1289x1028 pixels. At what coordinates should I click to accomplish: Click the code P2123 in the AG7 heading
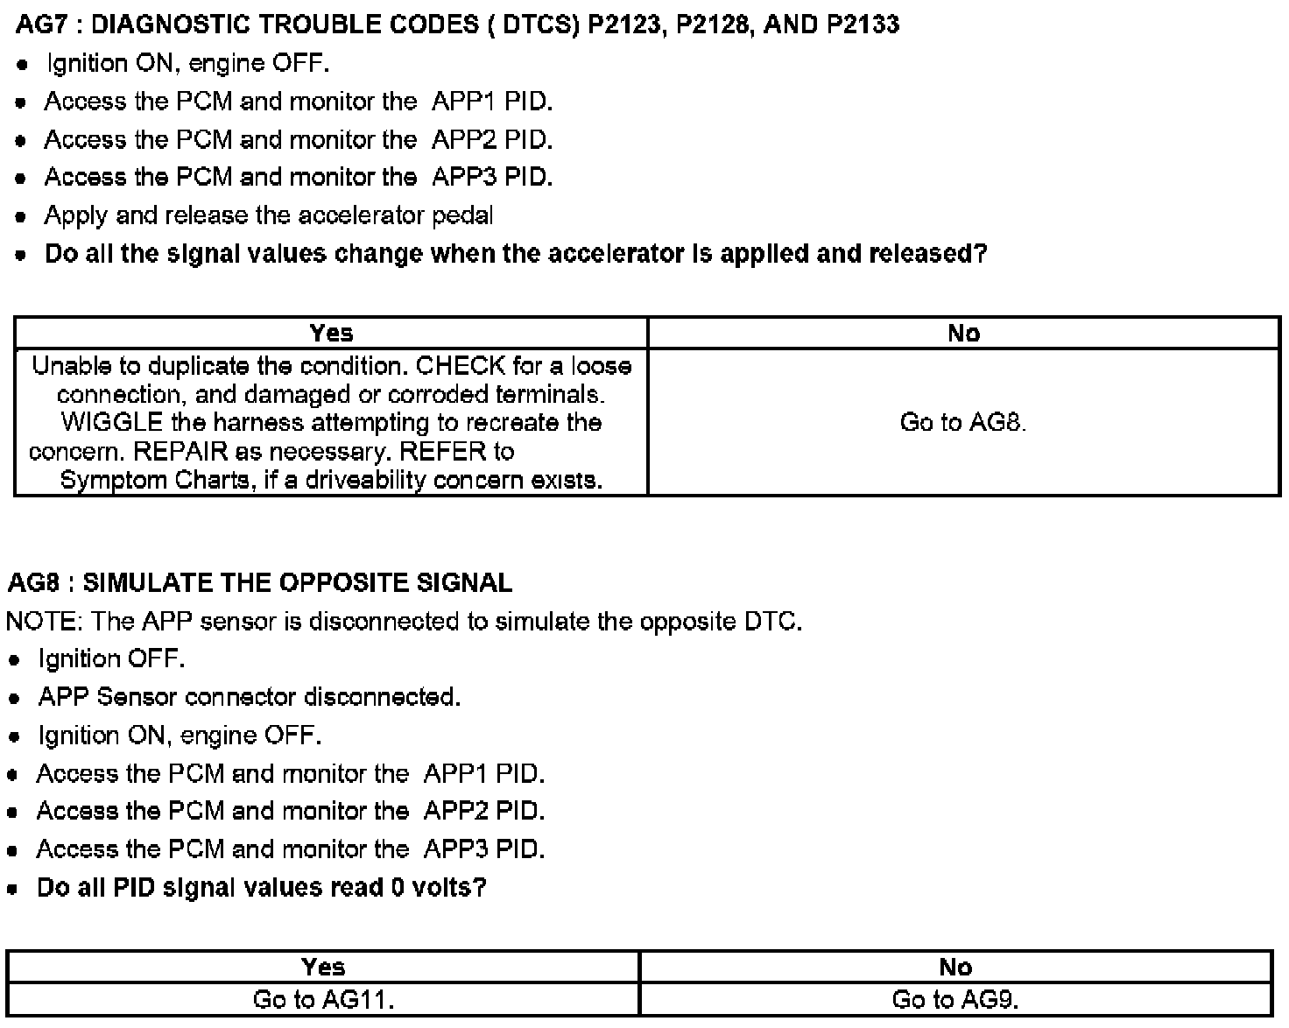point(623,24)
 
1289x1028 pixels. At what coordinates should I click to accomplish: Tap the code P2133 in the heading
point(863,24)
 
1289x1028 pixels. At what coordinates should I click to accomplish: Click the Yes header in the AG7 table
point(331,333)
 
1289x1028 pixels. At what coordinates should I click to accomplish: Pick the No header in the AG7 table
point(963,333)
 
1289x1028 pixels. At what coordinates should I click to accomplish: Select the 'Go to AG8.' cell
point(963,423)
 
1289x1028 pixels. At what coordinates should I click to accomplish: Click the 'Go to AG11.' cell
point(323,999)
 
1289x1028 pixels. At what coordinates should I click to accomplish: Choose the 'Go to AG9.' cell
point(955,999)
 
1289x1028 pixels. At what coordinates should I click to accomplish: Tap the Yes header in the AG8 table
point(323,967)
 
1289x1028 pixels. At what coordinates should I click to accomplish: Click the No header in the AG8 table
point(955,967)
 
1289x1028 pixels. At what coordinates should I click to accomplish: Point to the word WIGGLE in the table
point(112,423)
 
